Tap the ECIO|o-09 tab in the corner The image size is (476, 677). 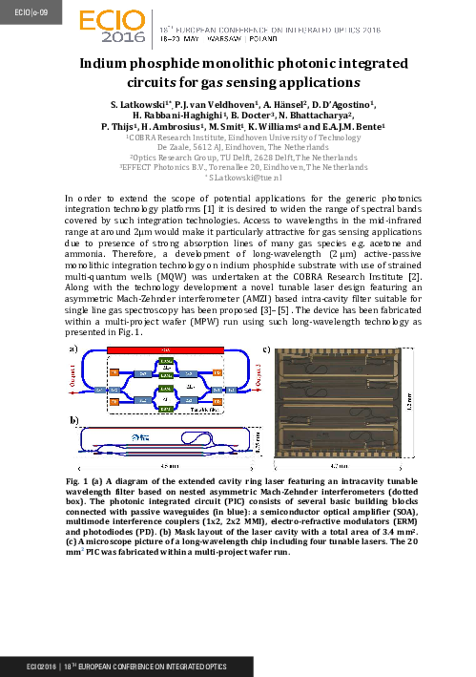pyautogui.click(x=19, y=11)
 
